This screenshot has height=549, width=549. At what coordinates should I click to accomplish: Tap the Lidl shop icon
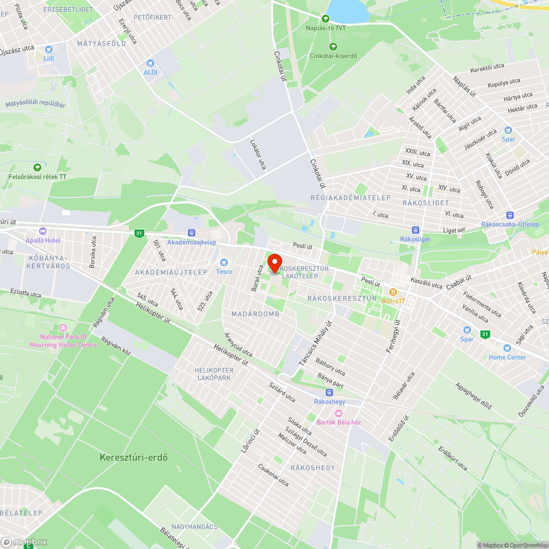click(x=49, y=49)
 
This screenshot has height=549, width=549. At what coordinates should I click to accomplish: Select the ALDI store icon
click(x=150, y=63)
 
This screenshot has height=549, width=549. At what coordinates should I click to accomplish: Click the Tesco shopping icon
click(x=224, y=262)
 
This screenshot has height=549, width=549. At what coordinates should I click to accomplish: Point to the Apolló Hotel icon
click(x=43, y=231)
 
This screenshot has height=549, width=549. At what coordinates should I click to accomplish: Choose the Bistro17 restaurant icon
click(x=393, y=292)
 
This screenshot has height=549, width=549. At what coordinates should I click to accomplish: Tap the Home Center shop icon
click(x=507, y=348)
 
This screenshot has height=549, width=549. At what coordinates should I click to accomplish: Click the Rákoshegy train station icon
click(x=329, y=393)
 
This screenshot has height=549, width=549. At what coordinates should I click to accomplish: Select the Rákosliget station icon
click(x=416, y=230)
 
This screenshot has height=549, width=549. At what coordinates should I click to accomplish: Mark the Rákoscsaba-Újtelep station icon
click(x=510, y=215)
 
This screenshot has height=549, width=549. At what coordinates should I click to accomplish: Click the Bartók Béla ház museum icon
click(x=339, y=413)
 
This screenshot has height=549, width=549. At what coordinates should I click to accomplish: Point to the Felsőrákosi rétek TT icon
click(x=37, y=167)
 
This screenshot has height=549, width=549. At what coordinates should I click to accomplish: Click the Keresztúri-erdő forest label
click(x=133, y=457)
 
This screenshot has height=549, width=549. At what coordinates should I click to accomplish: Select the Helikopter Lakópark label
click(x=214, y=374)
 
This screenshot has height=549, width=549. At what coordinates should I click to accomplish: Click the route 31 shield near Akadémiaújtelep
click(x=139, y=233)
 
